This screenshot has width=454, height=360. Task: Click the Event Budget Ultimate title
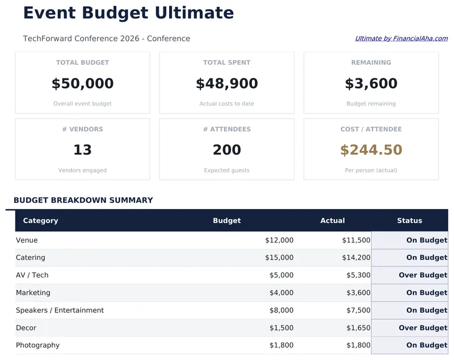click(x=128, y=13)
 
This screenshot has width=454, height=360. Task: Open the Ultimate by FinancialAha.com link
click(x=401, y=39)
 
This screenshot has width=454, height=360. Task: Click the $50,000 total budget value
click(x=82, y=84)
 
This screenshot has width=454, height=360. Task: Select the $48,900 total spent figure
click(x=226, y=84)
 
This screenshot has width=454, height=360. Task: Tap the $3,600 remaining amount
click(x=371, y=84)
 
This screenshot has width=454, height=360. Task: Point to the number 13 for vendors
click(x=82, y=150)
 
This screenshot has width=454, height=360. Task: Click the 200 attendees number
click(x=226, y=150)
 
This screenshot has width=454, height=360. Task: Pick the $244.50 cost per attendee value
click(x=371, y=150)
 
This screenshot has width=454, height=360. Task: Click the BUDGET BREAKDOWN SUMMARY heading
click(x=83, y=200)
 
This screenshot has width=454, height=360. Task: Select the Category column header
click(x=40, y=220)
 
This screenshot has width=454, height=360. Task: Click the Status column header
click(x=409, y=220)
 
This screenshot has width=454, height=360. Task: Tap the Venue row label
click(x=27, y=240)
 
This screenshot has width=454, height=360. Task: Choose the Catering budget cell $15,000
click(x=279, y=258)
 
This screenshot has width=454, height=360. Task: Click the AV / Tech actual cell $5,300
click(x=358, y=275)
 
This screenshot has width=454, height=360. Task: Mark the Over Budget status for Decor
click(x=423, y=328)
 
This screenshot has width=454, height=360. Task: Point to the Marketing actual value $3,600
click(x=358, y=293)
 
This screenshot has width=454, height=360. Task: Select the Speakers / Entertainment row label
click(x=60, y=311)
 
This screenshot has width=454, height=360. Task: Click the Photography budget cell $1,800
click(x=281, y=345)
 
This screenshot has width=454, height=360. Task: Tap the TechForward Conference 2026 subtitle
click(x=106, y=39)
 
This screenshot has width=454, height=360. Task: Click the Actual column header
click(x=333, y=220)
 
